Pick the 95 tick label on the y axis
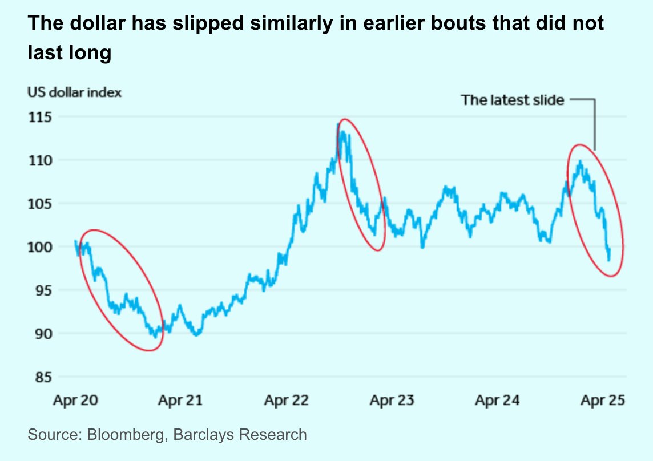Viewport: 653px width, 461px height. click(x=41, y=290)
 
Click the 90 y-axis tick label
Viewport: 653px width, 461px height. click(x=41, y=334)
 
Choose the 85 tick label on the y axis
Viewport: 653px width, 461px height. click(x=41, y=377)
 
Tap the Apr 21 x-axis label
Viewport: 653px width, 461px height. click(x=180, y=401)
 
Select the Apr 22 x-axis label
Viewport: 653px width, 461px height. click(x=286, y=401)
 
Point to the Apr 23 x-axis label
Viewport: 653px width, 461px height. click(x=392, y=401)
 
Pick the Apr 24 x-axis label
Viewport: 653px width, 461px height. click(x=497, y=401)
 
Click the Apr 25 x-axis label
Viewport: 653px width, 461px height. click(x=603, y=401)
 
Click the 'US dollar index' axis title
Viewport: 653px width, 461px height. click(x=74, y=92)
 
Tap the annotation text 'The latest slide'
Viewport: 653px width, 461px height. click(x=512, y=100)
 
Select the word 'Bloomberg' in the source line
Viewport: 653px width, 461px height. click(x=118, y=435)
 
